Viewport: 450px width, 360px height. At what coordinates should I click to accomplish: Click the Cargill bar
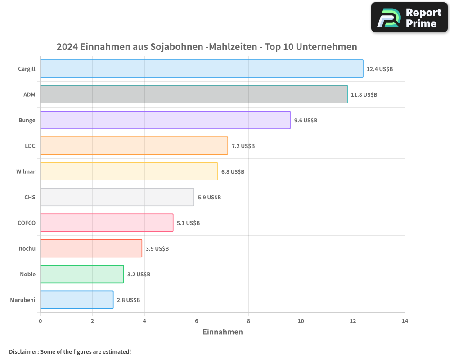tap(202, 69)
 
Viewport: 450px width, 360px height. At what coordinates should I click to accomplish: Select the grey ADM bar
tap(194, 94)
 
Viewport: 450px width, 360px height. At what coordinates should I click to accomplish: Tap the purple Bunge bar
tap(165, 120)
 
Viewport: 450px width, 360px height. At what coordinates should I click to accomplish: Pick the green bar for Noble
tap(82, 274)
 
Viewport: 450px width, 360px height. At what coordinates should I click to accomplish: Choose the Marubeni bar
tap(77, 300)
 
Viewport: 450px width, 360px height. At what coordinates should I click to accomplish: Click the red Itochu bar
tap(91, 248)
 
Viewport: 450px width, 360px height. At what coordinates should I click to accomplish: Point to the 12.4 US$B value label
tap(380, 69)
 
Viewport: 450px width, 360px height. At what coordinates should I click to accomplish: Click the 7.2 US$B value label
tap(243, 146)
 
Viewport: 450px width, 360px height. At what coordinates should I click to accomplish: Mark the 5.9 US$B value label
tap(209, 198)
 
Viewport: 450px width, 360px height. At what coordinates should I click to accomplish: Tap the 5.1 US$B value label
tap(188, 223)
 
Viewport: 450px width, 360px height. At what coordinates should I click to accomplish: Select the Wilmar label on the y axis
tap(26, 171)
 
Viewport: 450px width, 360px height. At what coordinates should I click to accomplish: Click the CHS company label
tap(30, 197)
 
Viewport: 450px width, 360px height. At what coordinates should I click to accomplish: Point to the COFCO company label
tap(26, 223)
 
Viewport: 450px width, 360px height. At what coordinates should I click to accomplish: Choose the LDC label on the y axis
tap(30, 146)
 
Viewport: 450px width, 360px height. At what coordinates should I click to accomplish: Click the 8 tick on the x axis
tap(248, 321)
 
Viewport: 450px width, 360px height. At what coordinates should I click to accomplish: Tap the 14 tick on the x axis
tap(405, 321)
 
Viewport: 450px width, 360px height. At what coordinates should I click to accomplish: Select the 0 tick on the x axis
tap(40, 321)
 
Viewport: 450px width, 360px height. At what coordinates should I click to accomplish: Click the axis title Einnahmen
tap(223, 332)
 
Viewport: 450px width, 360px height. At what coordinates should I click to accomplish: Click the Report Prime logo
tap(409, 18)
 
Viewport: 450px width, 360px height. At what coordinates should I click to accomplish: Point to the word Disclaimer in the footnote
tap(23, 351)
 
